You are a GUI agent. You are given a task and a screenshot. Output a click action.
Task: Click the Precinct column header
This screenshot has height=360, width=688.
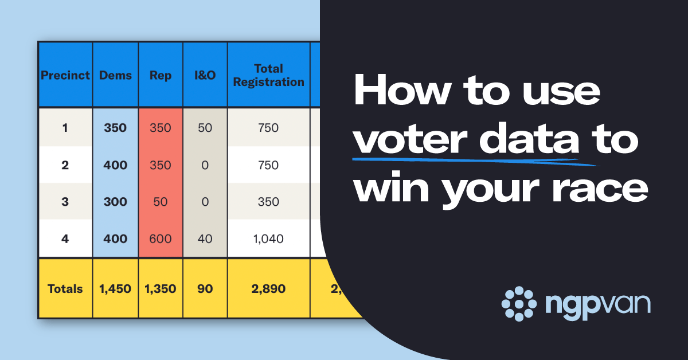(65, 75)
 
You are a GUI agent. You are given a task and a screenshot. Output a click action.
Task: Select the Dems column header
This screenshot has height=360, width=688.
(115, 75)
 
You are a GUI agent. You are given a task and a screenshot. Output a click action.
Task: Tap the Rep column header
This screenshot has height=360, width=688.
(161, 75)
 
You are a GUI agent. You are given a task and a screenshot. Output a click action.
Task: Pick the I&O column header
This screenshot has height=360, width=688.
(205, 75)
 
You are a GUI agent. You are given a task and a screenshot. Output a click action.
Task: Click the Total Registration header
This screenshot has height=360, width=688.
(269, 75)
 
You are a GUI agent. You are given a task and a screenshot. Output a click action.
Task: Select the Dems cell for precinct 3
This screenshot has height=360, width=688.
(115, 202)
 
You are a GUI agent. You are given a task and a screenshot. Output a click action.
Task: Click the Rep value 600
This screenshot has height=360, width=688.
(161, 238)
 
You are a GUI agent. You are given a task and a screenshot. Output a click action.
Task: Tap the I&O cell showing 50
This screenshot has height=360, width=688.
(205, 127)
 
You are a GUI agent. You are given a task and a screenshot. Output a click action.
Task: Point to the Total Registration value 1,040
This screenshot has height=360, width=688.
(269, 238)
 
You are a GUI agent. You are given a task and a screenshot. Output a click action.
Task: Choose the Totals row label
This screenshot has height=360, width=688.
(65, 289)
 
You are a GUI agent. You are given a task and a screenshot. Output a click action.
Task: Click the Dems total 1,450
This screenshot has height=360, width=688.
(115, 289)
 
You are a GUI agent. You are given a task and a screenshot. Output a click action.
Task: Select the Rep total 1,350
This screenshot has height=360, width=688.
(161, 289)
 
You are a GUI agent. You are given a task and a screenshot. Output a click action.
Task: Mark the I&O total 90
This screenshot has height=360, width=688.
(205, 289)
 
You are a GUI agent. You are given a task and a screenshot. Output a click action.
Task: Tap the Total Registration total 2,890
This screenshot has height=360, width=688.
(269, 289)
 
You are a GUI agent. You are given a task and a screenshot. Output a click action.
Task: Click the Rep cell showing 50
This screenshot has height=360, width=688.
(161, 202)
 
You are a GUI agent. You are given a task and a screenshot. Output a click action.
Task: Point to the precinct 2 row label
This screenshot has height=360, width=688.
(65, 165)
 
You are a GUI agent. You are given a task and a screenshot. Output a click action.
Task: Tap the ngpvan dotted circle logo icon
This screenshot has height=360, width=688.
(519, 303)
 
